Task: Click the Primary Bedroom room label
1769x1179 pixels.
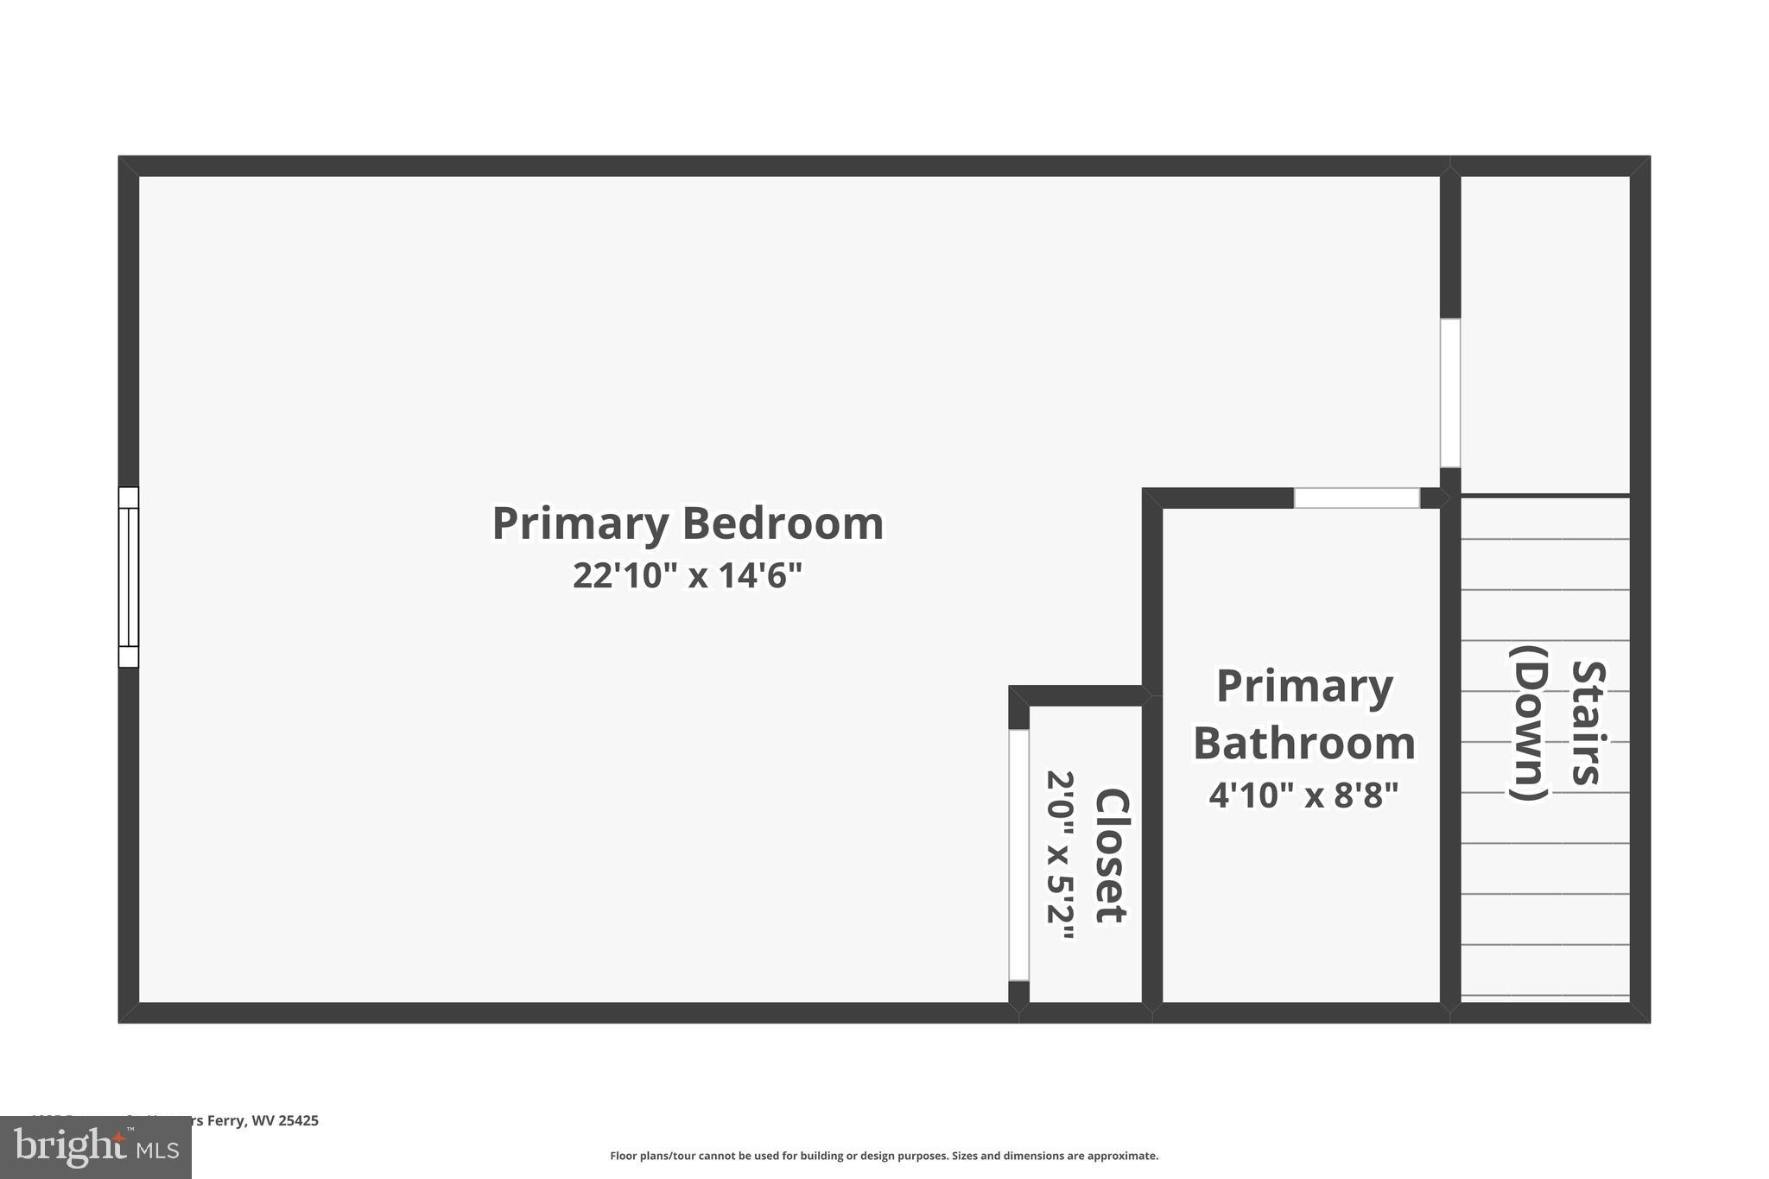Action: [688, 523]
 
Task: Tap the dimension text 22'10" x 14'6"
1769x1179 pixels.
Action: [688, 575]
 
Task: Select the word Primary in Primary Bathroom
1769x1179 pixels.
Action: [1304, 687]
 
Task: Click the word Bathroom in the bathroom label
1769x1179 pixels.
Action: [1304, 743]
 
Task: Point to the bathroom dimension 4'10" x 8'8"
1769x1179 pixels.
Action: [1303, 795]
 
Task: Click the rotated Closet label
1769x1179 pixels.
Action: [1112, 855]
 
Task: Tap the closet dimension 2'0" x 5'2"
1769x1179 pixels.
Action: [1061, 855]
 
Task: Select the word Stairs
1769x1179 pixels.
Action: [1588, 722]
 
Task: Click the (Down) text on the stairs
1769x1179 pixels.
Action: [1528, 722]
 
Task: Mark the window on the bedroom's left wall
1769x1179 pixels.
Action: [128, 577]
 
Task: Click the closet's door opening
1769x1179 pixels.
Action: [1018, 855]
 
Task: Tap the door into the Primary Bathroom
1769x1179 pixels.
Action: [1356, 498]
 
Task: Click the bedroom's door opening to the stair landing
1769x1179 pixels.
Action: [1449, 393]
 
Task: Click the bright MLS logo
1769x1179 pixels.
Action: [95, 1147]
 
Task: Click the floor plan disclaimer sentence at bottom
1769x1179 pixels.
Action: [884, 1156]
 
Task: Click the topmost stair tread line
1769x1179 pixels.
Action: [1544, 539]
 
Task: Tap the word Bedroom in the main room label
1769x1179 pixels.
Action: [783, 523]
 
